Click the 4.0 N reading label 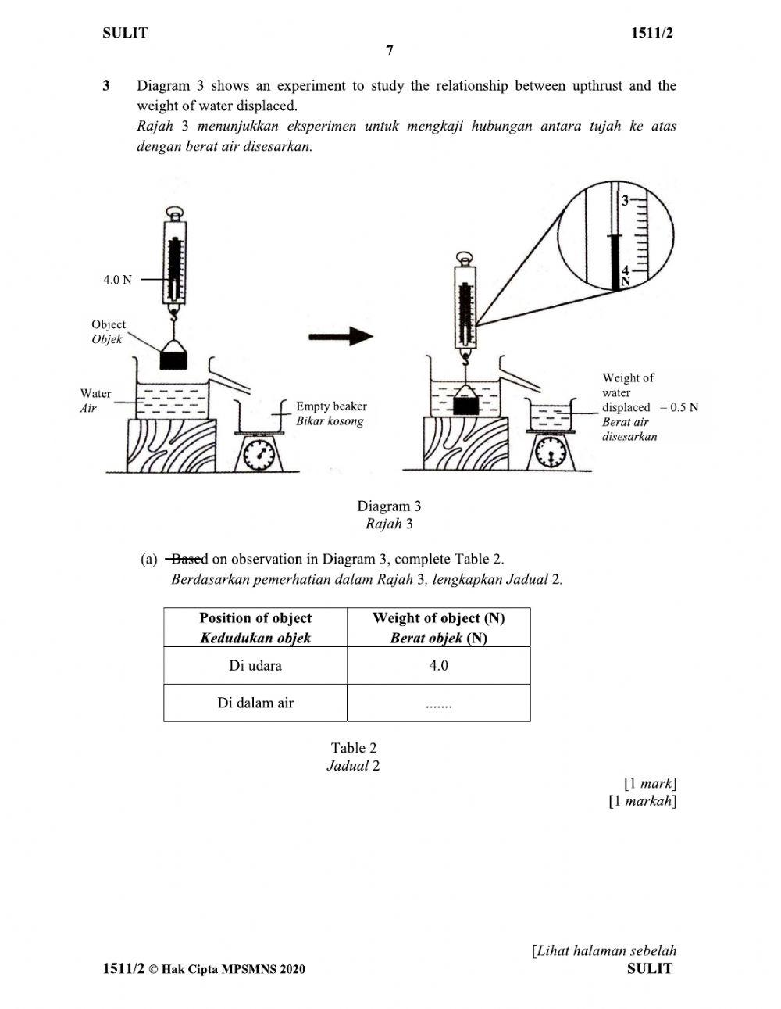[117, 280]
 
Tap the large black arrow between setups [341, 336]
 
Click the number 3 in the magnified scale [625, 201]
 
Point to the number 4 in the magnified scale [625, 270]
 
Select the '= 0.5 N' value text [679, 407]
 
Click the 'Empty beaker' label [331, 406]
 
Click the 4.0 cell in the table [438, 665]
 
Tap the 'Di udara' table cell [255, 665]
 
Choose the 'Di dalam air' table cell [255, 703]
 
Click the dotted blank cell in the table [438, 703]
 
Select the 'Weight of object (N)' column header [438, 628]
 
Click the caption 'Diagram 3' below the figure [389, 506]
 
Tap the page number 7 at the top [390, 50]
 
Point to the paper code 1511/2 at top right [651, 33]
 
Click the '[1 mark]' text [651, 783]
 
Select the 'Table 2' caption [353, 748]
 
